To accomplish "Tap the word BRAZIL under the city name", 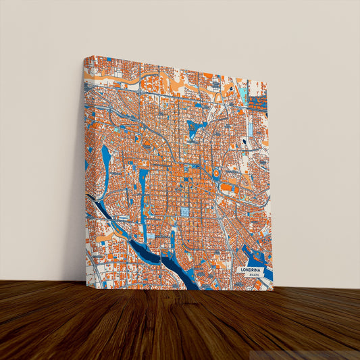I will click(253, 276).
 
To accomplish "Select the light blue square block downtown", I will click(184, 212).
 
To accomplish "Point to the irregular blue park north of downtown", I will click(197, 128).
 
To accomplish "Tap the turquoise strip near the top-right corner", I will click(242, 95).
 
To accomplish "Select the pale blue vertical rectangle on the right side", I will click(249, 126).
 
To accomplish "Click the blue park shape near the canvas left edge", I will click(106, 158).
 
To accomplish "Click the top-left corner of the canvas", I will click(84, 56).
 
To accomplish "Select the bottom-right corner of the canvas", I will click(272, 289).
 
